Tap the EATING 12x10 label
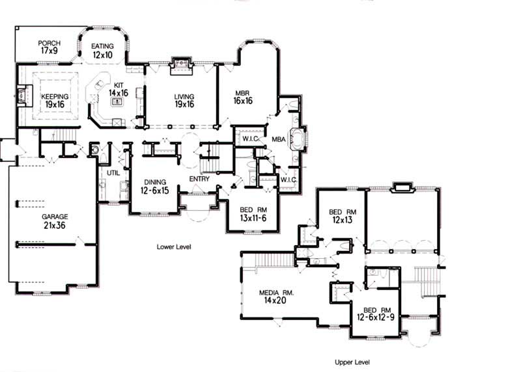(x=102, y=51)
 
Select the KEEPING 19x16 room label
(x=54, y=100)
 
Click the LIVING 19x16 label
(x=184, y=100)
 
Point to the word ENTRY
(x=199, y=179)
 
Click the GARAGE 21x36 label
(x=55, y=221)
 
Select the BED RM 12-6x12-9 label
(x=378, y=315)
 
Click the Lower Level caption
(x=174, y=247)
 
